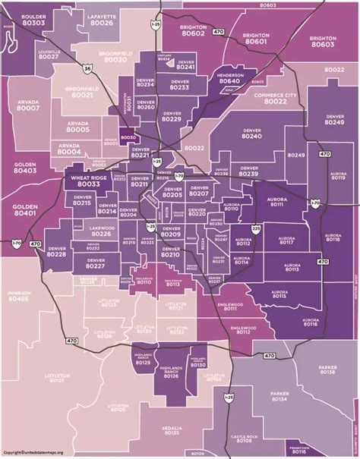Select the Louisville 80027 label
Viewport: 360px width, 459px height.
tap(27, 55)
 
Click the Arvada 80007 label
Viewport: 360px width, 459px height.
tap(27, 106)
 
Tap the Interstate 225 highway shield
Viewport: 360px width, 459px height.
tap(257, 228)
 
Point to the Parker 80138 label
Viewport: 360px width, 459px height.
tap(327, 370)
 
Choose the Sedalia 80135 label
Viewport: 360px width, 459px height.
tap(172, 430)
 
